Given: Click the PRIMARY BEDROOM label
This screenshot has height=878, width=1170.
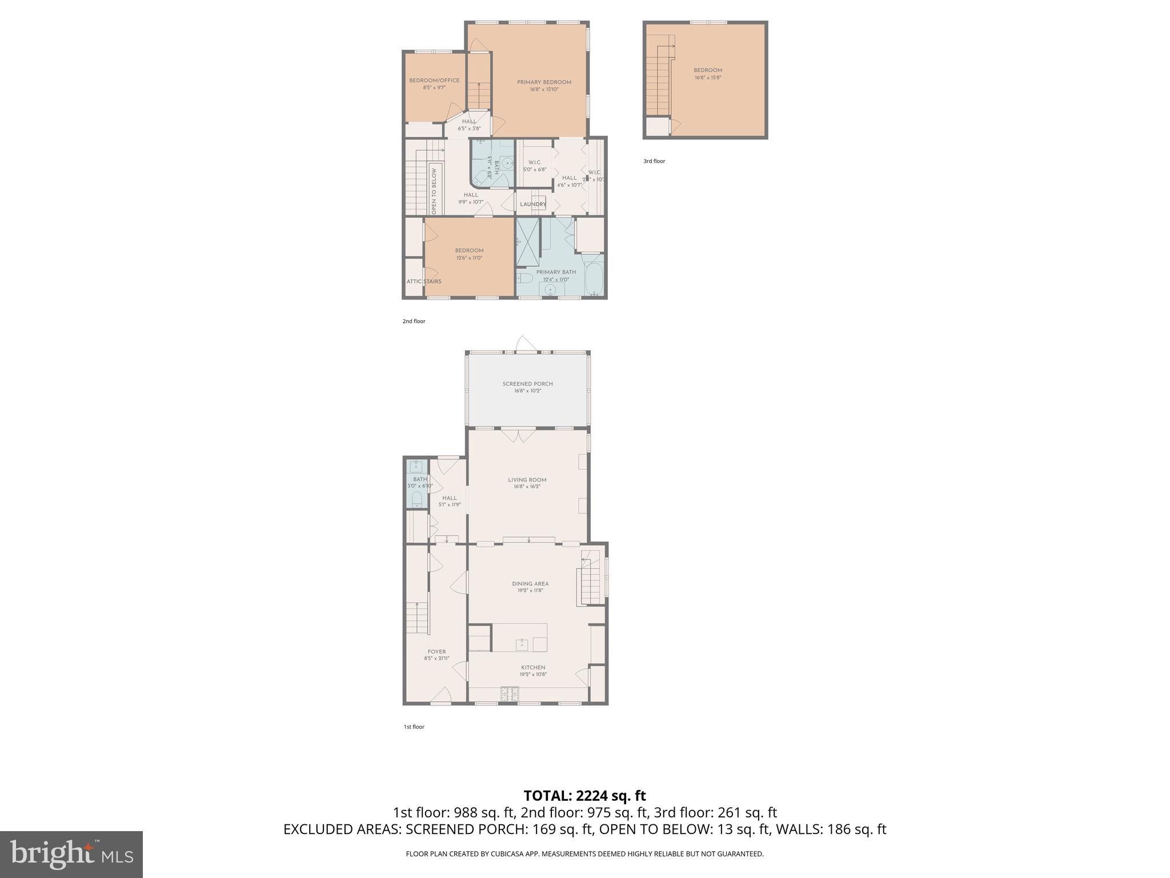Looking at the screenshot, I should [544, 82].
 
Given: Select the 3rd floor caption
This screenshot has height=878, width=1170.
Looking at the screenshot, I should [654, 161].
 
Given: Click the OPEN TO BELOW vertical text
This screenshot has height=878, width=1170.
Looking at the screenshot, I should [434, 191].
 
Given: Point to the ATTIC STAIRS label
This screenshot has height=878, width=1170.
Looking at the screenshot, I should [423, 281].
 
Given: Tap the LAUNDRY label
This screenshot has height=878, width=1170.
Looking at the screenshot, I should [532, 204].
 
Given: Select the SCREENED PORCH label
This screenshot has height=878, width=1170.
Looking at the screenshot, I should [527, 384].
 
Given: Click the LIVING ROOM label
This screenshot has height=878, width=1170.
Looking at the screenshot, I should [527, 480].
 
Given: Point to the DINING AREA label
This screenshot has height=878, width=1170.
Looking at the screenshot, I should [530, 584].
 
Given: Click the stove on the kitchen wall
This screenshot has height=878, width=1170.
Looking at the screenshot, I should [510, 695].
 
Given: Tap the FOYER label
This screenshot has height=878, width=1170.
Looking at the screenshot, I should [436, 652].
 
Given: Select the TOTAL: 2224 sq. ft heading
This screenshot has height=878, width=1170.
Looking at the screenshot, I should [584, 796].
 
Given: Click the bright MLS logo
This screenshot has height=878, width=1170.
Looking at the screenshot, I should [71, 854].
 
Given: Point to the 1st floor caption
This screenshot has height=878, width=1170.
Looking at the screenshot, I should [414, 727].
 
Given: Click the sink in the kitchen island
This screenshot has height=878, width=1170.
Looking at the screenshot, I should [521, 645].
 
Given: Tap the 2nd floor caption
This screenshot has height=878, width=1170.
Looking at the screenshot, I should [414, 321].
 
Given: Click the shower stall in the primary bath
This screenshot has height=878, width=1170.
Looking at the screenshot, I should [528, 243].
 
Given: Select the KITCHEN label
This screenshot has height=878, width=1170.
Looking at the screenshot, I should [532, 668].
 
